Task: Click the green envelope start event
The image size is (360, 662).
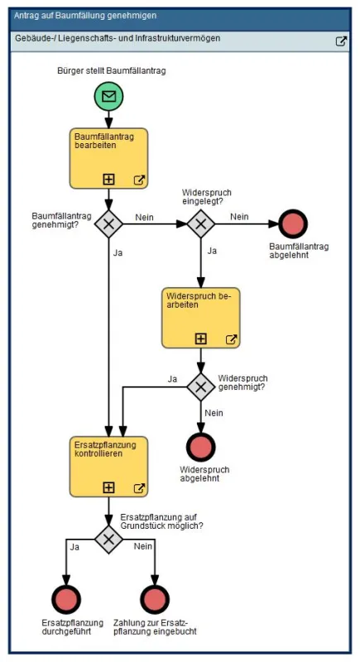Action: (108, 96)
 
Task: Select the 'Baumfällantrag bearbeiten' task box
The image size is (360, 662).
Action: (108, 158)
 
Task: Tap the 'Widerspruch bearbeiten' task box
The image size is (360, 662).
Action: (201, 318)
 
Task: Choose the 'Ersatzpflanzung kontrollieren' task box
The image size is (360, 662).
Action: (108, 467)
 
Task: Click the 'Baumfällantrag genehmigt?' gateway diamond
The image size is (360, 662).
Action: (108, 223)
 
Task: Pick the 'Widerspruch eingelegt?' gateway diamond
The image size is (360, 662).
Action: (201, 223)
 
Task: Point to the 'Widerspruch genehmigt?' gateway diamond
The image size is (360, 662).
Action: (201, 386)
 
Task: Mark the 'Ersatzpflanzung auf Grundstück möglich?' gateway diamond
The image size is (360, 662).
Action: (108, 539)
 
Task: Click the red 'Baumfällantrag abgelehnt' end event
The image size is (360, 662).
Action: (293, 223)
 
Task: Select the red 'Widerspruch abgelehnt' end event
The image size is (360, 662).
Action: (201, 447)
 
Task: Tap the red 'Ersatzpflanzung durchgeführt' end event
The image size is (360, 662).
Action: (66, 599)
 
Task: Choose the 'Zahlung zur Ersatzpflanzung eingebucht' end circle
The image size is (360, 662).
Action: (155, 599)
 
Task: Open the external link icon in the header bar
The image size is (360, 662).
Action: (341, 41)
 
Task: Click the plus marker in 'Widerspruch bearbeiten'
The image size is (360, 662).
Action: (201, 338)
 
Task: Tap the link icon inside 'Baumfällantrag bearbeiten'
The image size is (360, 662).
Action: (139, 180)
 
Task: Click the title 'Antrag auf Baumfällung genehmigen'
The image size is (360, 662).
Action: (85, 16)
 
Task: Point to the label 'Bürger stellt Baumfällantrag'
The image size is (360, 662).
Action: (112, 70)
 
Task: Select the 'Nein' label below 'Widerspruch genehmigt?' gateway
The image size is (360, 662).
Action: (214, 413)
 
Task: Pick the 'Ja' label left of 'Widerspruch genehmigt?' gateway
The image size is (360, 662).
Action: (172, 379)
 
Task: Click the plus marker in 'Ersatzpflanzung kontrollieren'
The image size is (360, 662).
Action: (108, 487)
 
